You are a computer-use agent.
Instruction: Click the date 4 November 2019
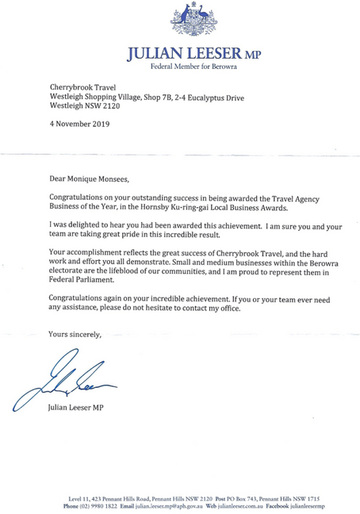(x=79, y=124)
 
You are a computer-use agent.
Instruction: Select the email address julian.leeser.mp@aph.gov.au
(x=164, y=505)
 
